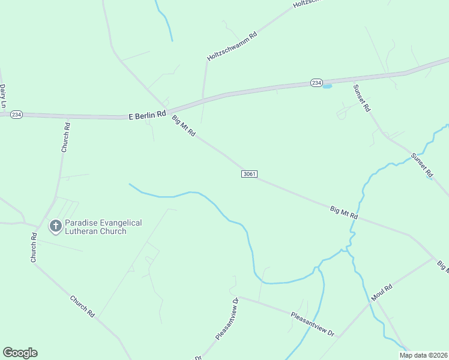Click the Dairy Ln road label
(3, 95)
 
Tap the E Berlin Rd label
(147, 115)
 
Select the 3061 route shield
(250, 174)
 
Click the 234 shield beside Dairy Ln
(16, 114)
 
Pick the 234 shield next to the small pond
(316, 83)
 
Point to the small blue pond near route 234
(327, 86)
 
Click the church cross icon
(55, 226)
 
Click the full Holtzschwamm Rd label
(232, 46)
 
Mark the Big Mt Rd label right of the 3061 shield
(344, 211)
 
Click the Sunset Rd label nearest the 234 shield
(363, 97)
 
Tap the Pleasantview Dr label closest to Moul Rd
(312, 324)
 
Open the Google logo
(20, 353)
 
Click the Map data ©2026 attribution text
(423, 355)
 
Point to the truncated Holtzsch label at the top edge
(307, 4)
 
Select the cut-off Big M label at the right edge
(442, 266)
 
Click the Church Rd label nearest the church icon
(34, 247)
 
